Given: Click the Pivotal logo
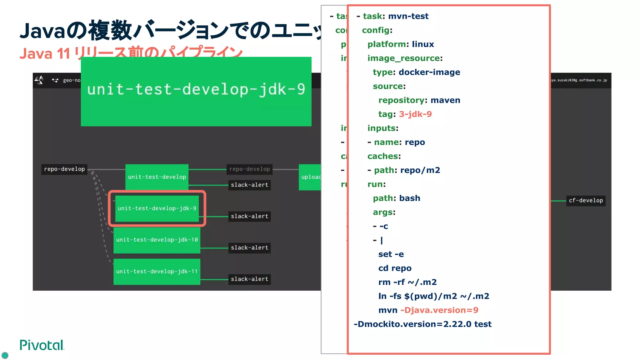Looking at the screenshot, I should [42, 345].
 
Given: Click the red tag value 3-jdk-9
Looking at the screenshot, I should [415, 114].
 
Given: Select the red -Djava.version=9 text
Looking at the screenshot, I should [439, 310].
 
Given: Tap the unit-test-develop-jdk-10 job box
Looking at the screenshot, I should [157, 240].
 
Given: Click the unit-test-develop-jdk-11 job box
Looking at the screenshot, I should [157, 271].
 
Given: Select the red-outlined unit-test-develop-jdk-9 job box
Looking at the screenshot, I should [157, 208].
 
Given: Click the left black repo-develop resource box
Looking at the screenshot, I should [64, 169].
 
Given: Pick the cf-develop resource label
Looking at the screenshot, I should [586, 200].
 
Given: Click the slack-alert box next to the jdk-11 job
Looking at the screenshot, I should [249, 279].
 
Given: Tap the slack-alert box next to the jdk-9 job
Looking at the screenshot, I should [249, 216].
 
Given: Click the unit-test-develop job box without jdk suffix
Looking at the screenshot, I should [157, 177].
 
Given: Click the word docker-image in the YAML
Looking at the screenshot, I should [429, 72].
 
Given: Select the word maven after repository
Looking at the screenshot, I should [445, 100].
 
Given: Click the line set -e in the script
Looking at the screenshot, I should [391, 254].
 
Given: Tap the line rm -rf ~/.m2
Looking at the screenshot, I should [407, 282].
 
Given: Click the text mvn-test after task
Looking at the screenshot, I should [408, 16].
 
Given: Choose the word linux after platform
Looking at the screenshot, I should [422, 44].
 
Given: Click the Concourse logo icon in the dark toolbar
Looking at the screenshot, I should [39, 80].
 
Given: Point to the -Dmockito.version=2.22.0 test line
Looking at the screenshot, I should [422, 324].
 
